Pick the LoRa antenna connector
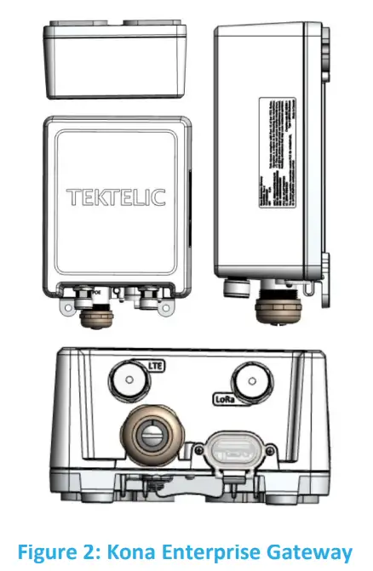[x=250, y=379]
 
